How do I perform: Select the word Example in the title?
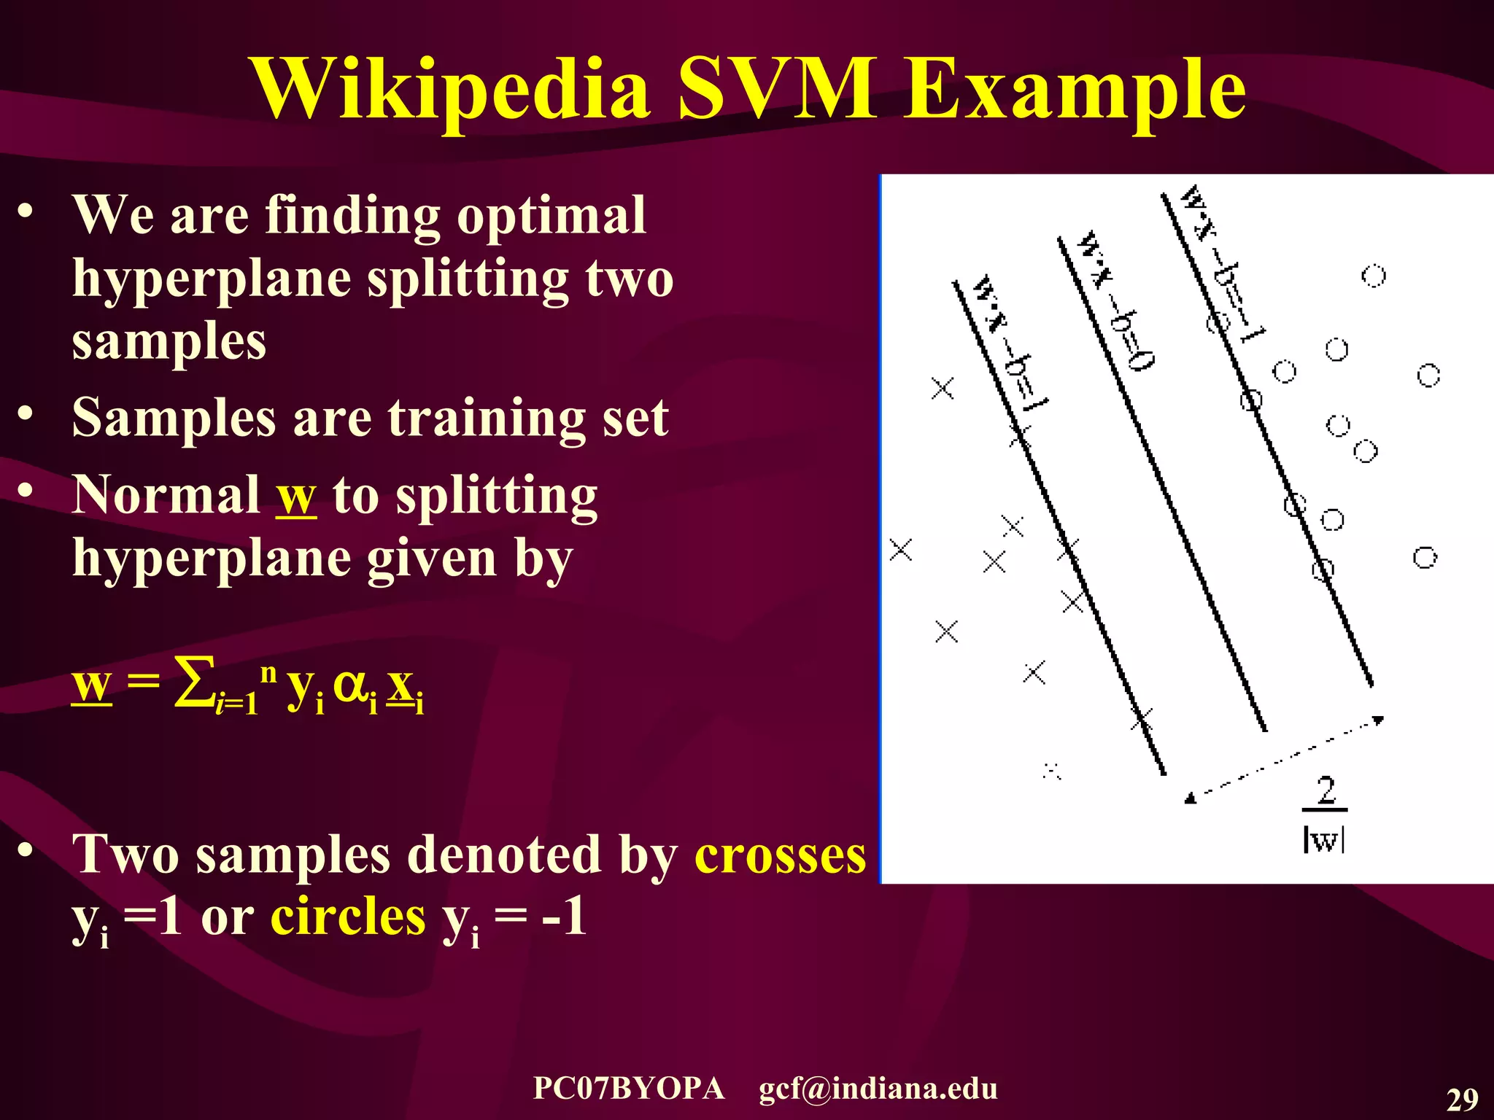pos(1075,91)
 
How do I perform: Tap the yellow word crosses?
pos(780,855)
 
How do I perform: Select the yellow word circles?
pos(348,917)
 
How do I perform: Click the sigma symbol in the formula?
pos(195,682)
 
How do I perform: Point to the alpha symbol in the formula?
pos(350,685)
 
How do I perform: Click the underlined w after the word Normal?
pos(296,496)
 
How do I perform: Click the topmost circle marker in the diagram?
pos(1374,276)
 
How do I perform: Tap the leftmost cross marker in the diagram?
pos(901,550)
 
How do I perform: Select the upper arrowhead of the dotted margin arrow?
pos(1377,720)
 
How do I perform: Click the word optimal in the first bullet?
pos(551,216)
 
